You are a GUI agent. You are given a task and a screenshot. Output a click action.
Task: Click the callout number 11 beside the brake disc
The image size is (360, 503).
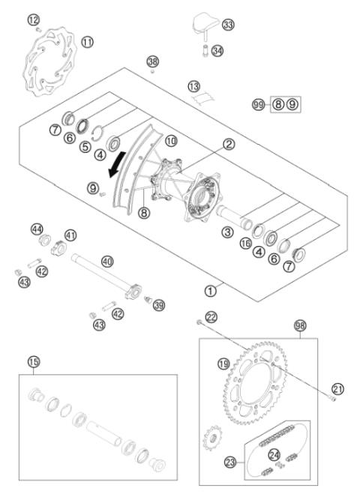point(88,42)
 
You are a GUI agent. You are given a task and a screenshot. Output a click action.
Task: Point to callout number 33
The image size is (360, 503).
point(228,25)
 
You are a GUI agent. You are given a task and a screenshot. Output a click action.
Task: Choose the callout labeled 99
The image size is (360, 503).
point(259,104)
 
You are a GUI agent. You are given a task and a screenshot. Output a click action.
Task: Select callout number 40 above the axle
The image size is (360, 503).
point(107,262)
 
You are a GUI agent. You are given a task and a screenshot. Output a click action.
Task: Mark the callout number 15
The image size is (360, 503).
point(33,362)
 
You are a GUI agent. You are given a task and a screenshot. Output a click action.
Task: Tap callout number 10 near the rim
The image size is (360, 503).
point(170,141)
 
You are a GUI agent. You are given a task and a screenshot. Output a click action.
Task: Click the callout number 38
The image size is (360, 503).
point(153,61)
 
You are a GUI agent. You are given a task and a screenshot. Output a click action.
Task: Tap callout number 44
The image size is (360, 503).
point(36,229)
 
